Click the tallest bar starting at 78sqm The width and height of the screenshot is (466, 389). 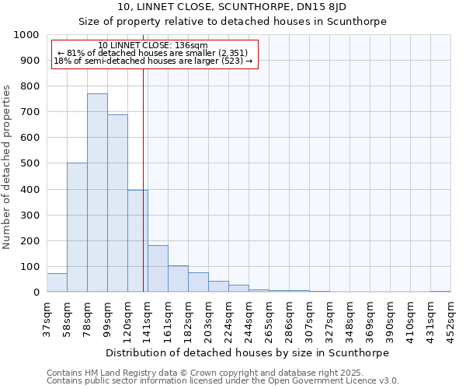click(x=97, y=193)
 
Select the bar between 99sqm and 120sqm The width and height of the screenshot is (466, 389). click(x=117, y=203)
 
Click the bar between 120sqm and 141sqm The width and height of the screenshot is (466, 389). click(x=137, y=241)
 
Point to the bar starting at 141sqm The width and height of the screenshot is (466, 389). click(x=158, y=269)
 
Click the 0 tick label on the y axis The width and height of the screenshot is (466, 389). click(x=36, y=293)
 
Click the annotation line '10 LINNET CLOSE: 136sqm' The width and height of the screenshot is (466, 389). click(x=153, y=46)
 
